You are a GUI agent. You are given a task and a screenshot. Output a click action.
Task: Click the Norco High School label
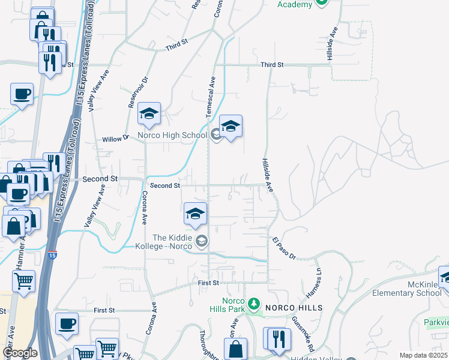click(x=172, y=136)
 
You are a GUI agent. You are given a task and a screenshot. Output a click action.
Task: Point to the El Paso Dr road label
click(x=284, y=248)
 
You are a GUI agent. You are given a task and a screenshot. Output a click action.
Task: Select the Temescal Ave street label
click(x=211, y=96)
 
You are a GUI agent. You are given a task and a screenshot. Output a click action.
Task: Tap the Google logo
click(x=20, y=353)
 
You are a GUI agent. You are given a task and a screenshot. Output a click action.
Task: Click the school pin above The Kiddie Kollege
click(x=195, y=214)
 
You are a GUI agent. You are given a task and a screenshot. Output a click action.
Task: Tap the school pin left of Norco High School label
click(x=149, y=113)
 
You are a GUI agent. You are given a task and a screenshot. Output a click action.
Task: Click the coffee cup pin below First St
click(x=67, y=323)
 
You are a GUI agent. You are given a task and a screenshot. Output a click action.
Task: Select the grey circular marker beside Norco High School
click(x=215, y=133)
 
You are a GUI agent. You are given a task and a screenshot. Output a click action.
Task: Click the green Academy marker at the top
click(x=321, y=2)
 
